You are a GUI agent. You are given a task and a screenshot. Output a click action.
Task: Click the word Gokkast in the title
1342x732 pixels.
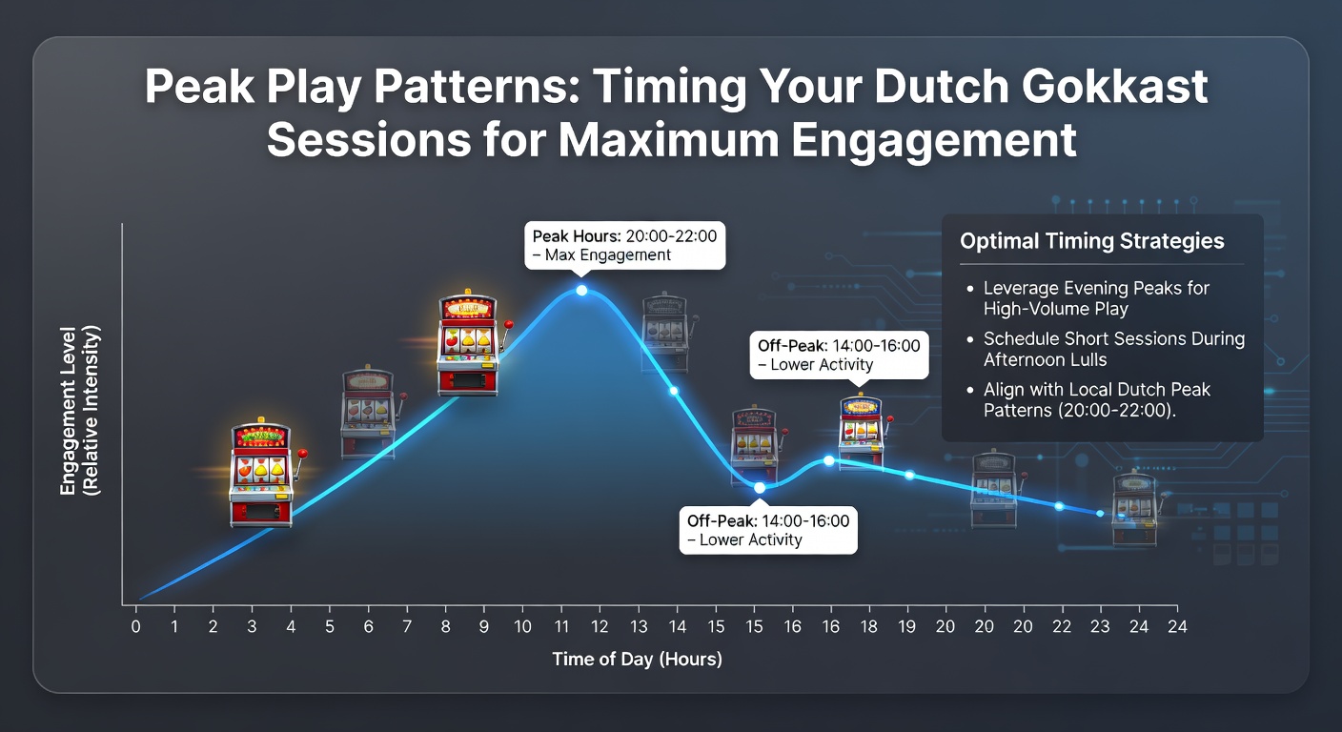[x=1114, y=88]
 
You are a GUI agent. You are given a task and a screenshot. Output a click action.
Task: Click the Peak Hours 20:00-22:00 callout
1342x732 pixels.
[x=625, y=246]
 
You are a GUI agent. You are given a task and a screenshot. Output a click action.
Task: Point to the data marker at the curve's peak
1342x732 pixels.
[x=581, y=291]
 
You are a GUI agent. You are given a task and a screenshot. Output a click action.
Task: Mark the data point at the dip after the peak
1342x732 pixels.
[x=759, y=488]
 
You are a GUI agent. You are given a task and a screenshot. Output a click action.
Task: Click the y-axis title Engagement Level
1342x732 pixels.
[x=69, y=411]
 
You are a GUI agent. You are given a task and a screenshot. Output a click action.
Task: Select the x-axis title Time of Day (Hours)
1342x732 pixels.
[x=637, y=659]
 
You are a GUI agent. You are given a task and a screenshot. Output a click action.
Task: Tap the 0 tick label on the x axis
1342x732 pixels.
[x=136, y=626]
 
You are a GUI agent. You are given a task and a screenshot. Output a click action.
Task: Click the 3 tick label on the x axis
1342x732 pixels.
[x=252, y=626]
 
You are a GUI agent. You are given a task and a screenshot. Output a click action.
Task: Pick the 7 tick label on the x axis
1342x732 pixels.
[x=407, y=626]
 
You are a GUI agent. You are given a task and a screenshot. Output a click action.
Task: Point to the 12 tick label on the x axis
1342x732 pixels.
[x=600, y=626]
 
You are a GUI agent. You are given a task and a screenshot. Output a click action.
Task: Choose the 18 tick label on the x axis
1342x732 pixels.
[x=868, y=626]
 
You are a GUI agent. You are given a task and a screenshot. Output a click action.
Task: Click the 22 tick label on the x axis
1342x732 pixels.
[x=1062, y=626]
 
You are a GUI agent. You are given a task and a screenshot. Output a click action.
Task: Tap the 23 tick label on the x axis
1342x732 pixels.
[x=1100, y=626]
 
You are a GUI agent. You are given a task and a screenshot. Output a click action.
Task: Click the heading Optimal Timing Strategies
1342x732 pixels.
[x=1091, y=241]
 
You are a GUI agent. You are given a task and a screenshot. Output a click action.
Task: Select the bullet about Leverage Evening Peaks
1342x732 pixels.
[x=1096, y=298]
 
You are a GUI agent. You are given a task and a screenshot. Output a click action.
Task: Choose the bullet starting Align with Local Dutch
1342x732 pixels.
[x=1096, y=400]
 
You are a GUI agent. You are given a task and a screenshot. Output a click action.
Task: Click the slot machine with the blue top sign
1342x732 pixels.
[x=862, y=430]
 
